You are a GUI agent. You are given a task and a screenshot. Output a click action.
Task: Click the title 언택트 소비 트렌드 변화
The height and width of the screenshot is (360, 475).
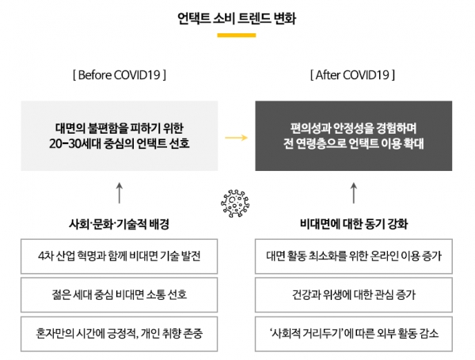(x=237, y=18)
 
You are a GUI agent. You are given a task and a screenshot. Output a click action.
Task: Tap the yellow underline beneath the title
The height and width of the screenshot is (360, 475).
(x=237, y=36)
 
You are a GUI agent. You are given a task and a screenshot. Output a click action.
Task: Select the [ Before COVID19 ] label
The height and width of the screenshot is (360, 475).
(x=120, y=75)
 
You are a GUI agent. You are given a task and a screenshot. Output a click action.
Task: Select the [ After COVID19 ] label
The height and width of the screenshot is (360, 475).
(x=352, y=75)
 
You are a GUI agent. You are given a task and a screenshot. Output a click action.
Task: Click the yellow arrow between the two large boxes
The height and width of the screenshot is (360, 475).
(x=236, y=138)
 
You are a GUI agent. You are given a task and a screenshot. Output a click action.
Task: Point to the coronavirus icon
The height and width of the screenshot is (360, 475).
(x=235, y=203)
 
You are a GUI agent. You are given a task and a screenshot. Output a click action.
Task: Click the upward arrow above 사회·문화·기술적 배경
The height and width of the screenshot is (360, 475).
(x=120, y=193)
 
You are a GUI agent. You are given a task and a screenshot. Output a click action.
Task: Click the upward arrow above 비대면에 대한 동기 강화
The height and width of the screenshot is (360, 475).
(x=354, y=193)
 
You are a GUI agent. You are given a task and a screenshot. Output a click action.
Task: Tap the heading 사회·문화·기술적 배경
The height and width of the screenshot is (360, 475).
(x=119, y=224)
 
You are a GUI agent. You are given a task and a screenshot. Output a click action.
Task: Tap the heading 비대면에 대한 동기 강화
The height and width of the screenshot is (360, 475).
(x=354, y=224)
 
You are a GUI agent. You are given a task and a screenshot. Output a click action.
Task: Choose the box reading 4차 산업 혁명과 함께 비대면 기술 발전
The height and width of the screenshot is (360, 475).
(x=119, y=256)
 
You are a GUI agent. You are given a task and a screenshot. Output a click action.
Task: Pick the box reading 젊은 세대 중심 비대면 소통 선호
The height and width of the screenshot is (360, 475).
(x=119, y=295)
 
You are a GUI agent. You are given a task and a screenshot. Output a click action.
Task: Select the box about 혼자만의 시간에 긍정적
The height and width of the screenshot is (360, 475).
(x=119, y=334)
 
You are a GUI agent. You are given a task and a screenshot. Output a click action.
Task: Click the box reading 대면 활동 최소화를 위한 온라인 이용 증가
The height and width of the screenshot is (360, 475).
(x=354, y=256)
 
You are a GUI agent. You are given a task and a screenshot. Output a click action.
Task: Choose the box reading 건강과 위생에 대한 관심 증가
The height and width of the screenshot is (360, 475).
(x=354, y=295)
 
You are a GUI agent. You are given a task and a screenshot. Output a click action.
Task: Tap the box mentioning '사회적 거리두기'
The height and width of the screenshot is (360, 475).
(x=354, y=334)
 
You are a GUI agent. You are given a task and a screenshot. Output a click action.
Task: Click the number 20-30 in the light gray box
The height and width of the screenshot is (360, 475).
(x=66, y=143)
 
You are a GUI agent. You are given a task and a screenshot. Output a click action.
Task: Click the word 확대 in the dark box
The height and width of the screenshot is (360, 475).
(x=413, y=143)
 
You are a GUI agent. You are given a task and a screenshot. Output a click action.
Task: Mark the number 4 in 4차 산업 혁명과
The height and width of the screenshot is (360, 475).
(x=41, y=256)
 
